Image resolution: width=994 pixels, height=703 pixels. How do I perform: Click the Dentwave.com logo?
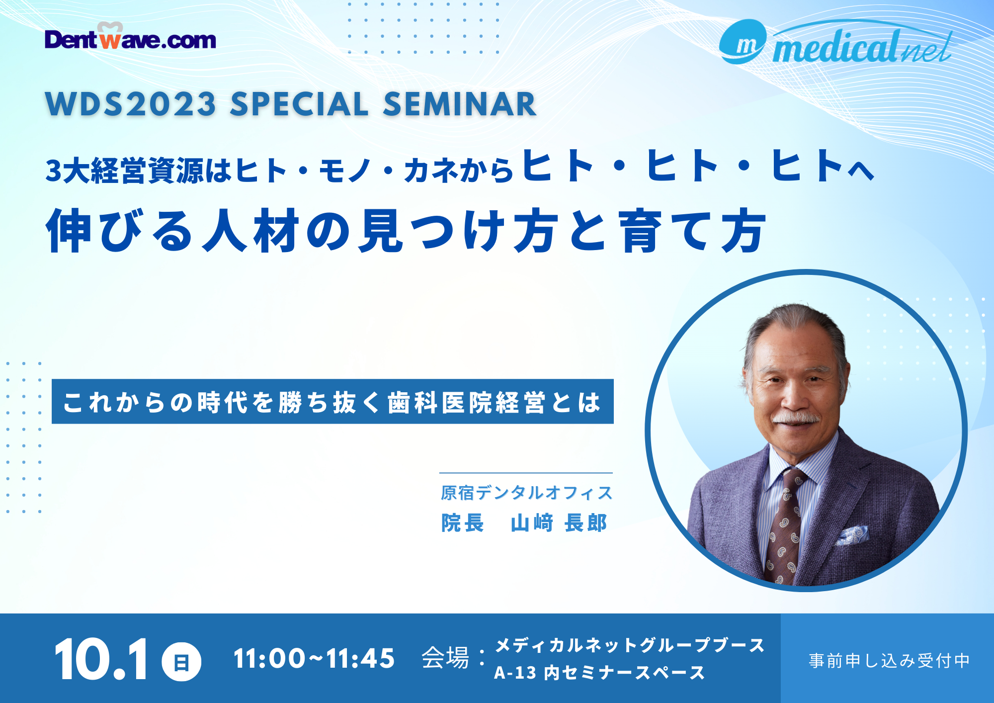tap(130, 37)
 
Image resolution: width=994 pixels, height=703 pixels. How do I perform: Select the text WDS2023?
tap(131, 104)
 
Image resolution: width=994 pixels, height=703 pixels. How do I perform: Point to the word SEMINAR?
tap(460, 104)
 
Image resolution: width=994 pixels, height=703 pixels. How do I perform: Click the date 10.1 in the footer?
tap(101, 660)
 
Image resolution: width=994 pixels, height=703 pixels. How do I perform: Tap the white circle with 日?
tap(181, 662)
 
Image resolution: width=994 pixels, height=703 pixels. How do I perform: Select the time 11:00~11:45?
tap(314, 659)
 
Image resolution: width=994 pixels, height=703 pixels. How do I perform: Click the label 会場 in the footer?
tap(445, 658)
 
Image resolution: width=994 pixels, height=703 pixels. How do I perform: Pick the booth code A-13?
tap(515, 673)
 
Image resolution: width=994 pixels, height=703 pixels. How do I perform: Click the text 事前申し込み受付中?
tap(889, 661)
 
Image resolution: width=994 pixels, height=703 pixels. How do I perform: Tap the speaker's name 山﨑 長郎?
tap(559, 523)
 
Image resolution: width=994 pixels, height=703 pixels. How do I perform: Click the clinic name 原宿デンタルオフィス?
tap(527, 493)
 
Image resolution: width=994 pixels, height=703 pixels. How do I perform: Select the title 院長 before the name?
tap(463, 523)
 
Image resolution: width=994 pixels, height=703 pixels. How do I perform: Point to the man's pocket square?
tap(852, 535)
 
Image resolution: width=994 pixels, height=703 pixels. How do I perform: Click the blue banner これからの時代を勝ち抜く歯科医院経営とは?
tap(332, 402)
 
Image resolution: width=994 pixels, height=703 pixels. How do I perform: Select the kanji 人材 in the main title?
tap(251, 231)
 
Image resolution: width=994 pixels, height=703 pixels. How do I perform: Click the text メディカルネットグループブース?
tap(630, 645)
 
